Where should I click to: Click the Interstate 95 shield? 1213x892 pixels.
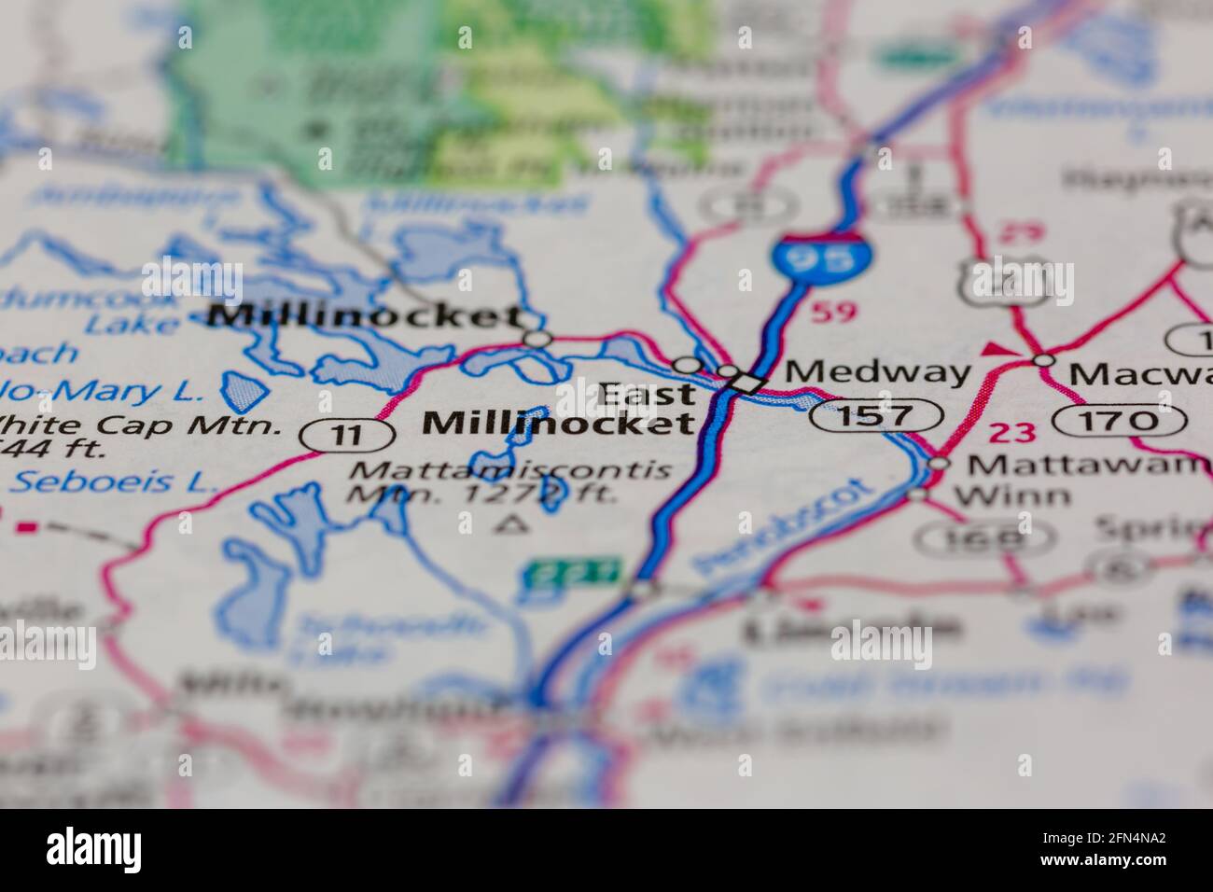(804, 258)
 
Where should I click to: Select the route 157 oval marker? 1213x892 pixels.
(874, 414)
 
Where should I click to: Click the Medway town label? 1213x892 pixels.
(878, 372)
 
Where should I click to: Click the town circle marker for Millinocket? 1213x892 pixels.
(537, 339)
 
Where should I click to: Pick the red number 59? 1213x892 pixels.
(831, 312)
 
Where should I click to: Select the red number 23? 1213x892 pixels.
(1012, 432)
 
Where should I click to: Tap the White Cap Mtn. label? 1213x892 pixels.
(140, 426)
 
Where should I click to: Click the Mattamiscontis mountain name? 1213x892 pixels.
(509, 469)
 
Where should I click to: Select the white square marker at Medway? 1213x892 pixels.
(746, 382)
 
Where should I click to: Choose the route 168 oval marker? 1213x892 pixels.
(983, 537)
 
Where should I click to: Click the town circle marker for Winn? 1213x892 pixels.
(919, 494)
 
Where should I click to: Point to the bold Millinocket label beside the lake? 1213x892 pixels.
(365, 316)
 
